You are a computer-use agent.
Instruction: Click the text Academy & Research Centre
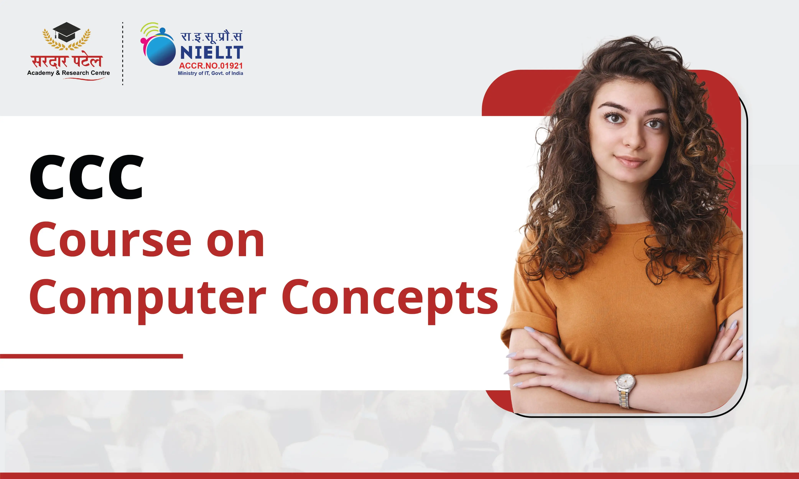pyautogui.click(x=68, y=73)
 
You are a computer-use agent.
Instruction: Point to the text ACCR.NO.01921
pyautogui.click(x=211, y=66)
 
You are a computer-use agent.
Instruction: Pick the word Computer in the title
pyautogui.click(x=148, y=299)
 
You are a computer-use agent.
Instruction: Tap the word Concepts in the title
pyautogui.click(x=390, y=299)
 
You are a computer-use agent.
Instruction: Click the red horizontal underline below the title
pyautogui.click(x=91, y=356)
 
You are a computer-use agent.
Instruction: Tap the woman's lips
pyautogui.click(x=630, y=161)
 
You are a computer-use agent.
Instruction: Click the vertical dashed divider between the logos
pyautogui.click(x=123, y=54)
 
